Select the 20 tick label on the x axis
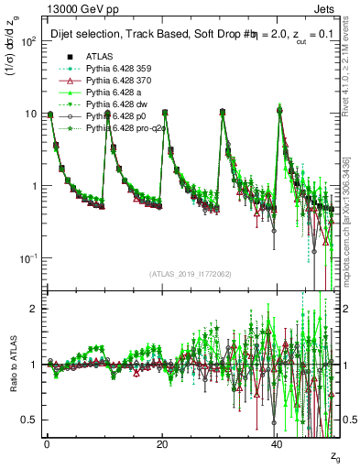click(161, 443)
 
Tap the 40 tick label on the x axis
click(277, 443)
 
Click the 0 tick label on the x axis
click(47, 443)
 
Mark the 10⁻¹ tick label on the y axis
click(27, 258)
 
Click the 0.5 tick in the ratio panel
click(27, 420)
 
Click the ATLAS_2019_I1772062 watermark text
click(190, 274)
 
